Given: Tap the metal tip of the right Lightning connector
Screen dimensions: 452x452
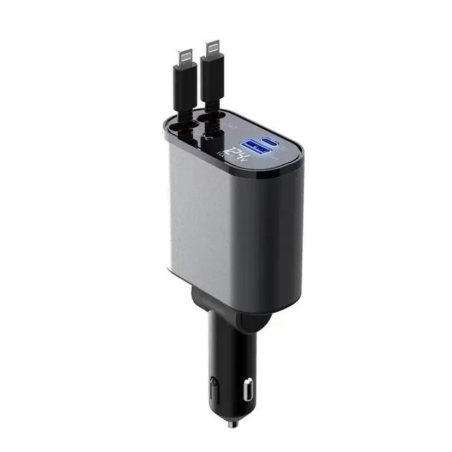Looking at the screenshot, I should (213, 48).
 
